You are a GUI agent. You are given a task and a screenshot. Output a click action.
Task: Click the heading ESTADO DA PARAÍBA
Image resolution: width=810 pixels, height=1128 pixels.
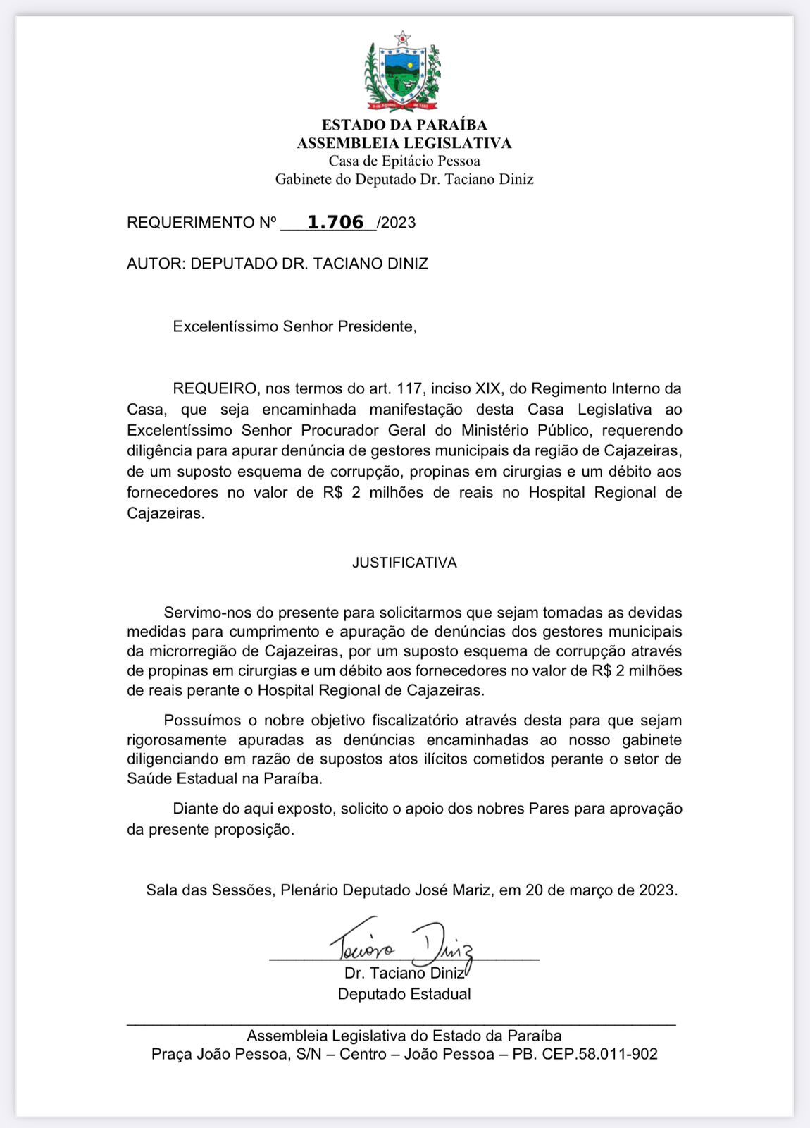pyautogui.click(x=404, y=125)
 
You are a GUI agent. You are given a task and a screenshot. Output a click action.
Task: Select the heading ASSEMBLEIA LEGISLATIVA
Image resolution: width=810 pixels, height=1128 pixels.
pyautogui.click(x=404, y=143)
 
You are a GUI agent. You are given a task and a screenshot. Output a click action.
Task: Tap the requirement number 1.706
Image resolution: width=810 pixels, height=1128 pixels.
pyautogui.click(x=336, y=222)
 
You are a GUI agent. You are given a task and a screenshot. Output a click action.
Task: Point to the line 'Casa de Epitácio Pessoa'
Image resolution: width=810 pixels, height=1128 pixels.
pyautogui.click(x=404, y=161)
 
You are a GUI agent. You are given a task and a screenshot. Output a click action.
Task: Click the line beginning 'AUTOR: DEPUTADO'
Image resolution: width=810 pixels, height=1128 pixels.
pyautogui.click(x=278, y=264)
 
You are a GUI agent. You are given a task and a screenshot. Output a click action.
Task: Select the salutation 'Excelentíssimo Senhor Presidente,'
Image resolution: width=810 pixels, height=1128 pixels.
pyautogui.click(x=294, y=326)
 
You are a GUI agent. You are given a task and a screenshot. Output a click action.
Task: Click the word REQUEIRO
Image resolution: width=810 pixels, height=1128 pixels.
pyautogui.click(x=215, y=388)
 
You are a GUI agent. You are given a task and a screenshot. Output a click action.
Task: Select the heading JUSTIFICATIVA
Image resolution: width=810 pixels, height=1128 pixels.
pyautogui.click(x=404, y=563)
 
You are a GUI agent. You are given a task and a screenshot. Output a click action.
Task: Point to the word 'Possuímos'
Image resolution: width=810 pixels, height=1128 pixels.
pyautogui.click(x=201, y=721)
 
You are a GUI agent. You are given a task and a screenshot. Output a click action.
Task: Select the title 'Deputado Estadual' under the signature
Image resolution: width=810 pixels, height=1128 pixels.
pyautogui.click(x=404, y=994)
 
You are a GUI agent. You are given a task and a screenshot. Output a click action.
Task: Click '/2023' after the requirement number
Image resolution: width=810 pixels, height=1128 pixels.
pyautogui.click(x=397, y=223)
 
